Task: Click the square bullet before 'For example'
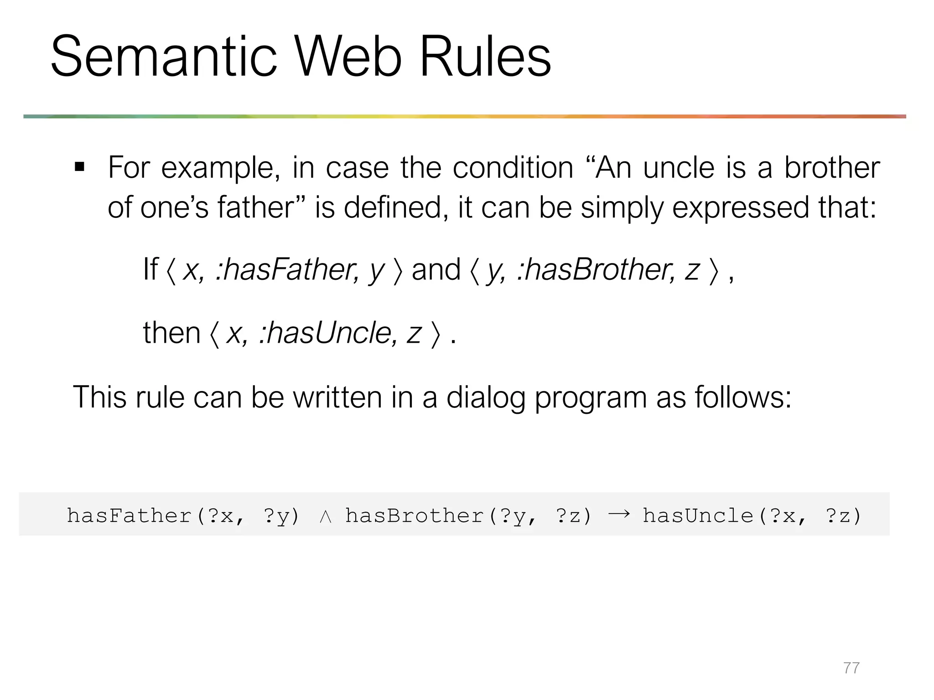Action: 80,168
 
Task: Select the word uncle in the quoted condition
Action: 679,168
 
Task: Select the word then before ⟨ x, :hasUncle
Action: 171,333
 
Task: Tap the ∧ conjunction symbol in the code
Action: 325,516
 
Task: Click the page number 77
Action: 851,668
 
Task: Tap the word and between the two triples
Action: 436,270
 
